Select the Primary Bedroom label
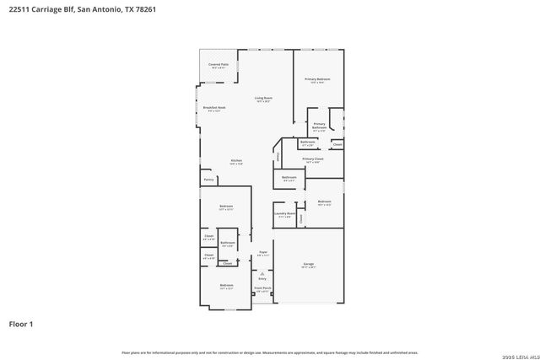[x=317, y=79]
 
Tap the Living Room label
[x=264, y=98]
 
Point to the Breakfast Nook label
[x=213, y=108]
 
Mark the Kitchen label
[x=237, y=161]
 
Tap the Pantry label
[x=208, y=180]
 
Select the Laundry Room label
[x=285, y=214]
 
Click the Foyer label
[x=262, y=251]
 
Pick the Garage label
[x=309, y=265]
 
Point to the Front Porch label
[x=262, y=288]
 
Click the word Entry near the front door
[x=262, y=278]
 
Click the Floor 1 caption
[x=21, y=324]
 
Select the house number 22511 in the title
[x=22, y=10]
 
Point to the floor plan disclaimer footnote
[x=270, y=352]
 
